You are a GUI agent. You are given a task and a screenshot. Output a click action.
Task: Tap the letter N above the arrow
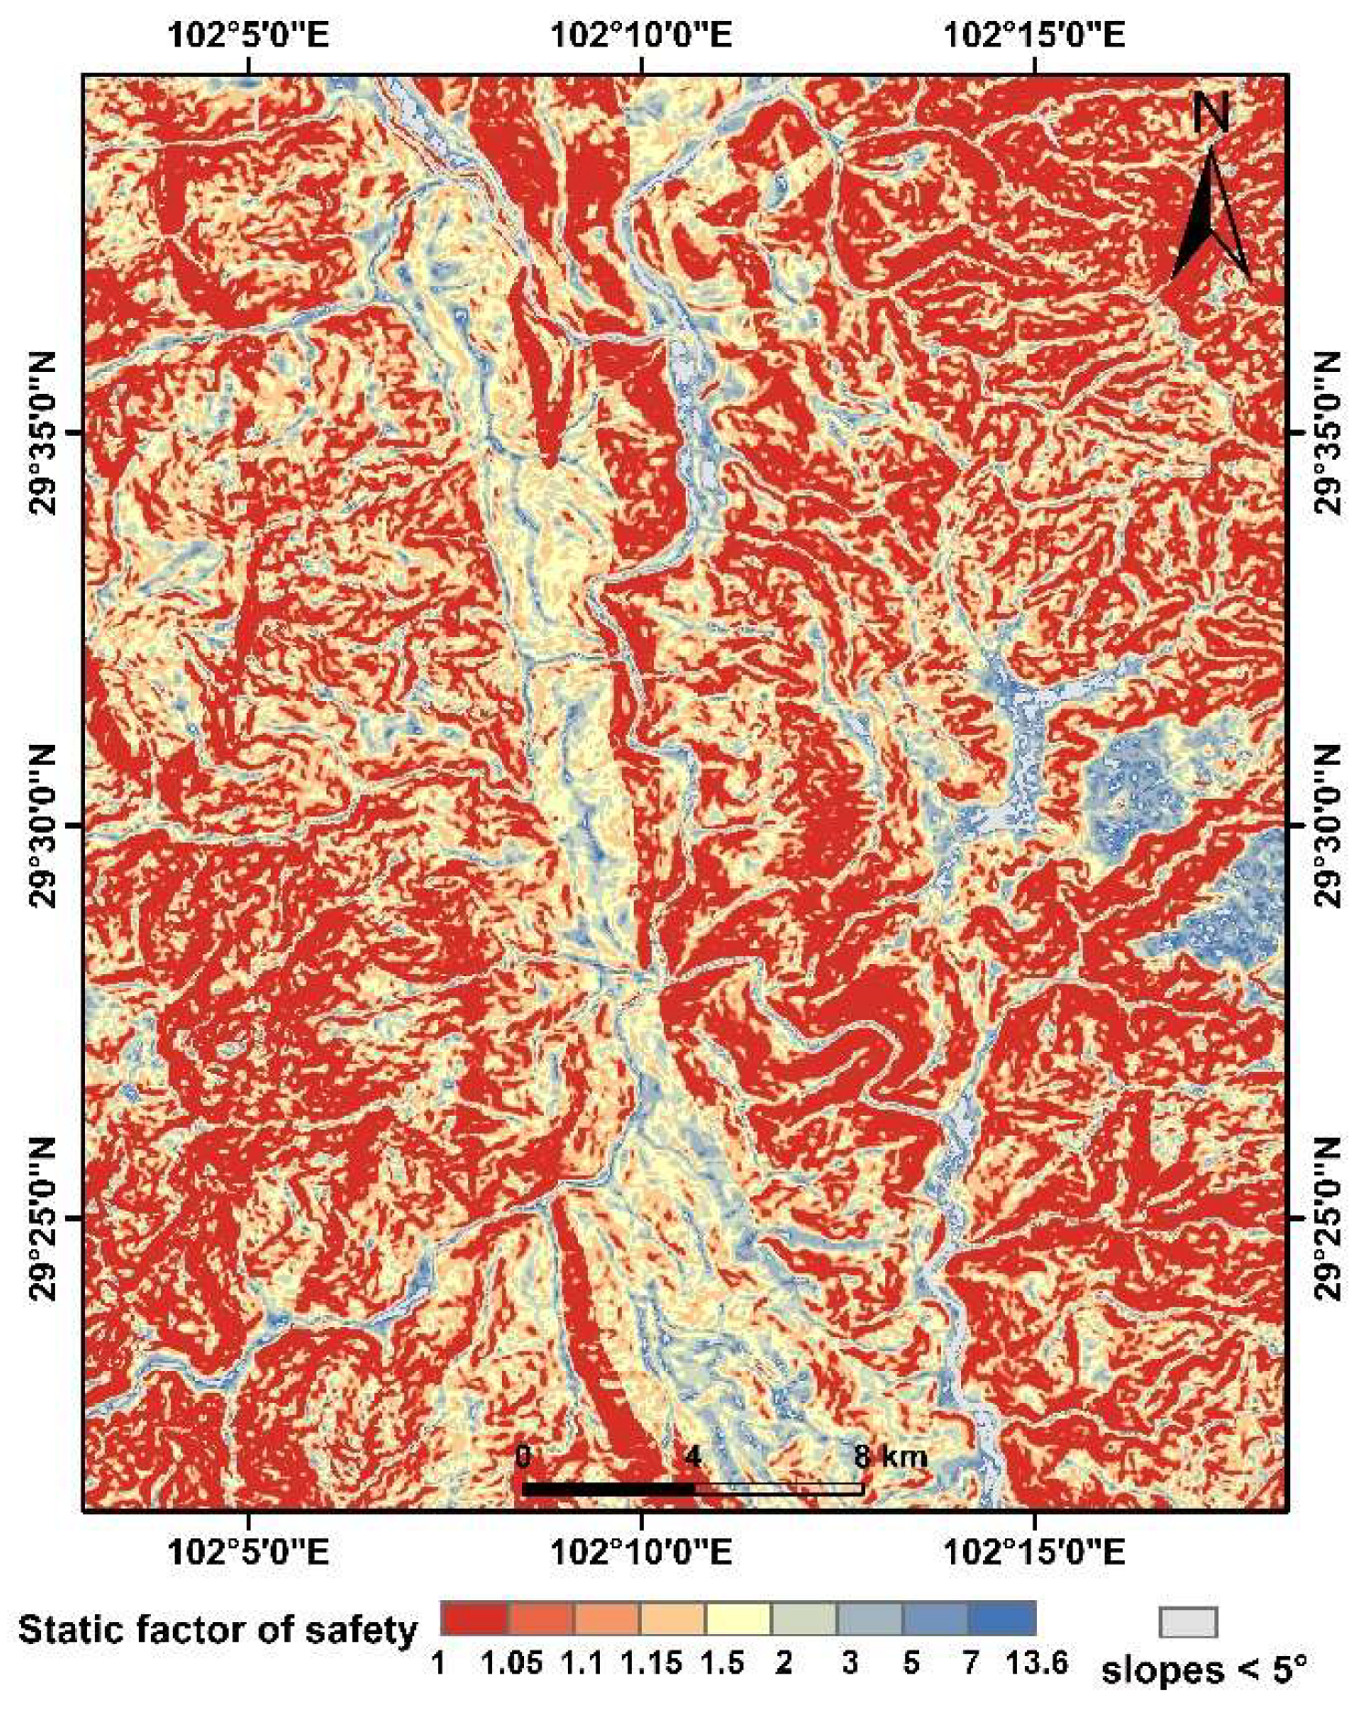1211,113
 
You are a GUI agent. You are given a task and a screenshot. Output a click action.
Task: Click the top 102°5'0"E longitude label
248,36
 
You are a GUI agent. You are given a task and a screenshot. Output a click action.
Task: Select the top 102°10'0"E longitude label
641,36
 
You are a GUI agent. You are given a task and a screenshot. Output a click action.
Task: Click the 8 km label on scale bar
890,1456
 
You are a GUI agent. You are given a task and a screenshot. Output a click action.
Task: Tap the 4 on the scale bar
693,1456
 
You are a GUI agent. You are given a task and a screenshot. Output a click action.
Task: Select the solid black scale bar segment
607,1489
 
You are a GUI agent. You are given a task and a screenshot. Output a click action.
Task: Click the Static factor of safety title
218,1629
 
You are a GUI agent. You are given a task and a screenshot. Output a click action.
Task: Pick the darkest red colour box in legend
473,1619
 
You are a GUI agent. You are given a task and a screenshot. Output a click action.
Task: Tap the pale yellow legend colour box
737,1619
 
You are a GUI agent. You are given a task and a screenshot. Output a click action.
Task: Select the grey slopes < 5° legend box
1188,1622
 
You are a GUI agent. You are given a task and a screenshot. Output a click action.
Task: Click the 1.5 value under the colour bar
721,1662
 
